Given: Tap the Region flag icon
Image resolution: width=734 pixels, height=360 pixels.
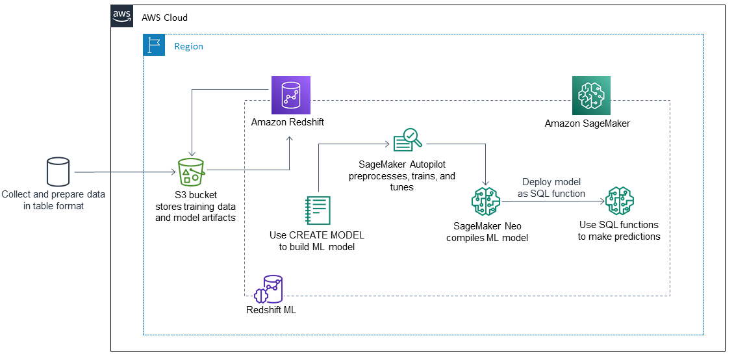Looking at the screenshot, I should [x=155, y=45].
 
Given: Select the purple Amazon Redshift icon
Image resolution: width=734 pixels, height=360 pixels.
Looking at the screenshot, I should [x=290, y=96].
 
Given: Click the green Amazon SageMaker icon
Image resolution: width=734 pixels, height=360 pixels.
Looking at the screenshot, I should [x=591, y=96].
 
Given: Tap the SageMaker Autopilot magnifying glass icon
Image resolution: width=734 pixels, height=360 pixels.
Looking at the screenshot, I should [x=407, y=139].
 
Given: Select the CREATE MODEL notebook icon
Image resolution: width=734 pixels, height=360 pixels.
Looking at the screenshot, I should [x=318, y=211].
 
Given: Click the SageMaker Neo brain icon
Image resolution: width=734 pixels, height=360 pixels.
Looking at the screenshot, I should [x=485, y=201].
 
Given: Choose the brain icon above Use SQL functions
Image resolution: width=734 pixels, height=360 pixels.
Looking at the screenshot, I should [x=619, y=201].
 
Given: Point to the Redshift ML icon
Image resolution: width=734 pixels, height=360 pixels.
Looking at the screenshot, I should [x=269, y=289].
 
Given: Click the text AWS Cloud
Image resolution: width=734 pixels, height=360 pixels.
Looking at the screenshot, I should [x=164, y=18].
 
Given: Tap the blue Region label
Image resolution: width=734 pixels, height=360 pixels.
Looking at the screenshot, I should [x=188, y=46].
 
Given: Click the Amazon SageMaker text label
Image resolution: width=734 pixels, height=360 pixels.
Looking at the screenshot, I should [x=587, y=123].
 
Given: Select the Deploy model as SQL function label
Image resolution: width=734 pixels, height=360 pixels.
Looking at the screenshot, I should [x=553, y=188].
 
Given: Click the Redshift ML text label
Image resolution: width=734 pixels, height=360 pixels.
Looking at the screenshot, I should [x=271, y=310].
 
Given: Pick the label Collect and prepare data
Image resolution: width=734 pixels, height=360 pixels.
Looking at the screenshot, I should [x=53, y=194].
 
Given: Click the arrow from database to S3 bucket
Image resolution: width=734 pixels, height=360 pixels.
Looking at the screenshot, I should [x=123, y=172].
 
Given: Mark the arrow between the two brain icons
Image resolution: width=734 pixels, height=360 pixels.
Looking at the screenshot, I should [x=552, y=201].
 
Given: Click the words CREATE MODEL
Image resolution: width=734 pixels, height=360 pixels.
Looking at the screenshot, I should [x=326, y=235].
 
